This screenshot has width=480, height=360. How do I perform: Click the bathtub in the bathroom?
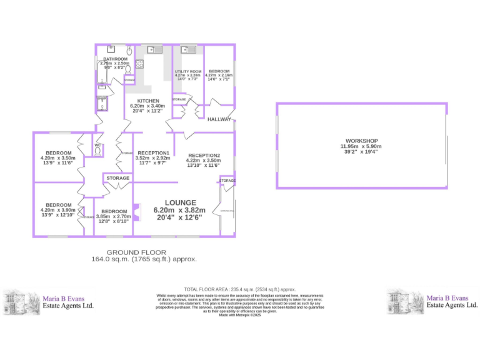102,74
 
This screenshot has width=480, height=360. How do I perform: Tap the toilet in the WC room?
98,150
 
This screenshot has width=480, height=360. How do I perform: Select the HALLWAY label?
219,119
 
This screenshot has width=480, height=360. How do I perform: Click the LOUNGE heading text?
180,202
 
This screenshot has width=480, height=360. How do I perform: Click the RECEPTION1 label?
153,153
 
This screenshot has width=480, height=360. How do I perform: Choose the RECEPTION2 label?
204,155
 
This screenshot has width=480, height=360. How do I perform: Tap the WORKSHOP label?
361,141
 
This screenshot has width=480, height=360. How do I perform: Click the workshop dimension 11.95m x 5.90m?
361,146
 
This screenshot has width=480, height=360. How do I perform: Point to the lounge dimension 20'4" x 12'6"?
180,218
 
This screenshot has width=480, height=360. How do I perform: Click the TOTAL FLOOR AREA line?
239,289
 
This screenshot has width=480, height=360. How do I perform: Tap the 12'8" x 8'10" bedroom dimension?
114,221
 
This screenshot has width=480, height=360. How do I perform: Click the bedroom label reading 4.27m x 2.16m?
219,76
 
